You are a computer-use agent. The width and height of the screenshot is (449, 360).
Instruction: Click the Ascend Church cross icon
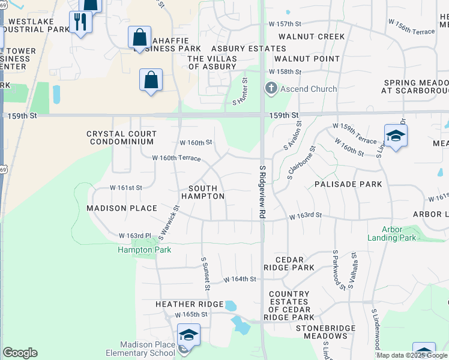[x=271, y=89]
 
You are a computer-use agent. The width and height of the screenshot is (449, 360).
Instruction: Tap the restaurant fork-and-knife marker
[x=80, y=22]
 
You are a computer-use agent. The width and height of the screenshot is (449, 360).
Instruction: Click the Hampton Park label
[x=144, y=250]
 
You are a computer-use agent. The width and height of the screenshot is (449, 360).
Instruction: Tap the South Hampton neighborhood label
[x=202, y=192]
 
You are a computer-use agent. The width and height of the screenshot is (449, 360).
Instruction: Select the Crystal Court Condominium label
[x=121, y=138]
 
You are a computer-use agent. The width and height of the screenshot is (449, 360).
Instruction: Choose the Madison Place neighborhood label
[x=121, y=208]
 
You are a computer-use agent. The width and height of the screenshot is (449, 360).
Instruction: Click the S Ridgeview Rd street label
[x=262, y=192]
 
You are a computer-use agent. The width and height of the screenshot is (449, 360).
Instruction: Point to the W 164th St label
[x=240, y=279]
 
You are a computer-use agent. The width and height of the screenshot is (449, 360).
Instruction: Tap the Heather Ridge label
[x=189, y=305]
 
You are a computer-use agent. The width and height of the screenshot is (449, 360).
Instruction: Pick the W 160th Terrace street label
[x=176, y=158]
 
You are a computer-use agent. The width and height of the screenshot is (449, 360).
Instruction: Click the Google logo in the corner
[x=19, y=353]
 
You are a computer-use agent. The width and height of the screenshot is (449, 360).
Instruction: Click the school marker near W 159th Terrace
[x=396, y=136]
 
